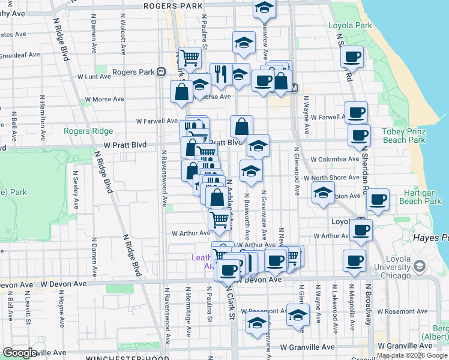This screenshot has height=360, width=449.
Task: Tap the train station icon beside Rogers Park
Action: tap(161, 72)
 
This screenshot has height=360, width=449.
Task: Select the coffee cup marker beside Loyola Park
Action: tap(352, 58)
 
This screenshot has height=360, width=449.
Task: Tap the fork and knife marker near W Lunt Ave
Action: tap(220, 74)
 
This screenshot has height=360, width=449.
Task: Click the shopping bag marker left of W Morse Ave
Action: tap(181, 92)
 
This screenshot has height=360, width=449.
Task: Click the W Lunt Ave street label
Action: tap(94, 77)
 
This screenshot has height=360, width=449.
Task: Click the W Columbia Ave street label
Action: tap(335, 160)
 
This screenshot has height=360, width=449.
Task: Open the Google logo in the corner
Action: tap(20, 352)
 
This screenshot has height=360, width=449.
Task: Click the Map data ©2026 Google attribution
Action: tap(412, 355)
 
